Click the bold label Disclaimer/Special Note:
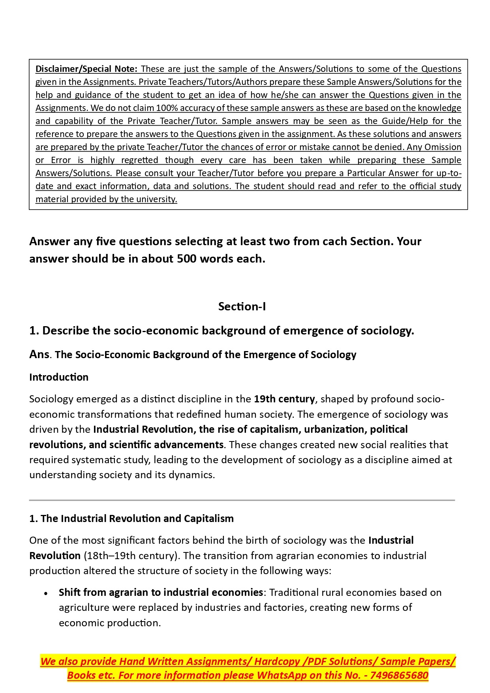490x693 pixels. coord(86,69)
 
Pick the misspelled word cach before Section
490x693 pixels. coord(335,241)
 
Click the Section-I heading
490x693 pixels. coord(242,306)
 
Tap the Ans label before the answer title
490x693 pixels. coord(39,354)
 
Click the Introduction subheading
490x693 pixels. coord(59,377)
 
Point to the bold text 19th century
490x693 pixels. coord(284,399)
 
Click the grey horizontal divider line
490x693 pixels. coord(242,500)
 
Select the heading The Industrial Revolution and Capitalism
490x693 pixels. coord(137,518)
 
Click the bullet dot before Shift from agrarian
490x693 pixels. coord(46,593)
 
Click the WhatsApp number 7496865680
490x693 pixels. coord(399,675)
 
